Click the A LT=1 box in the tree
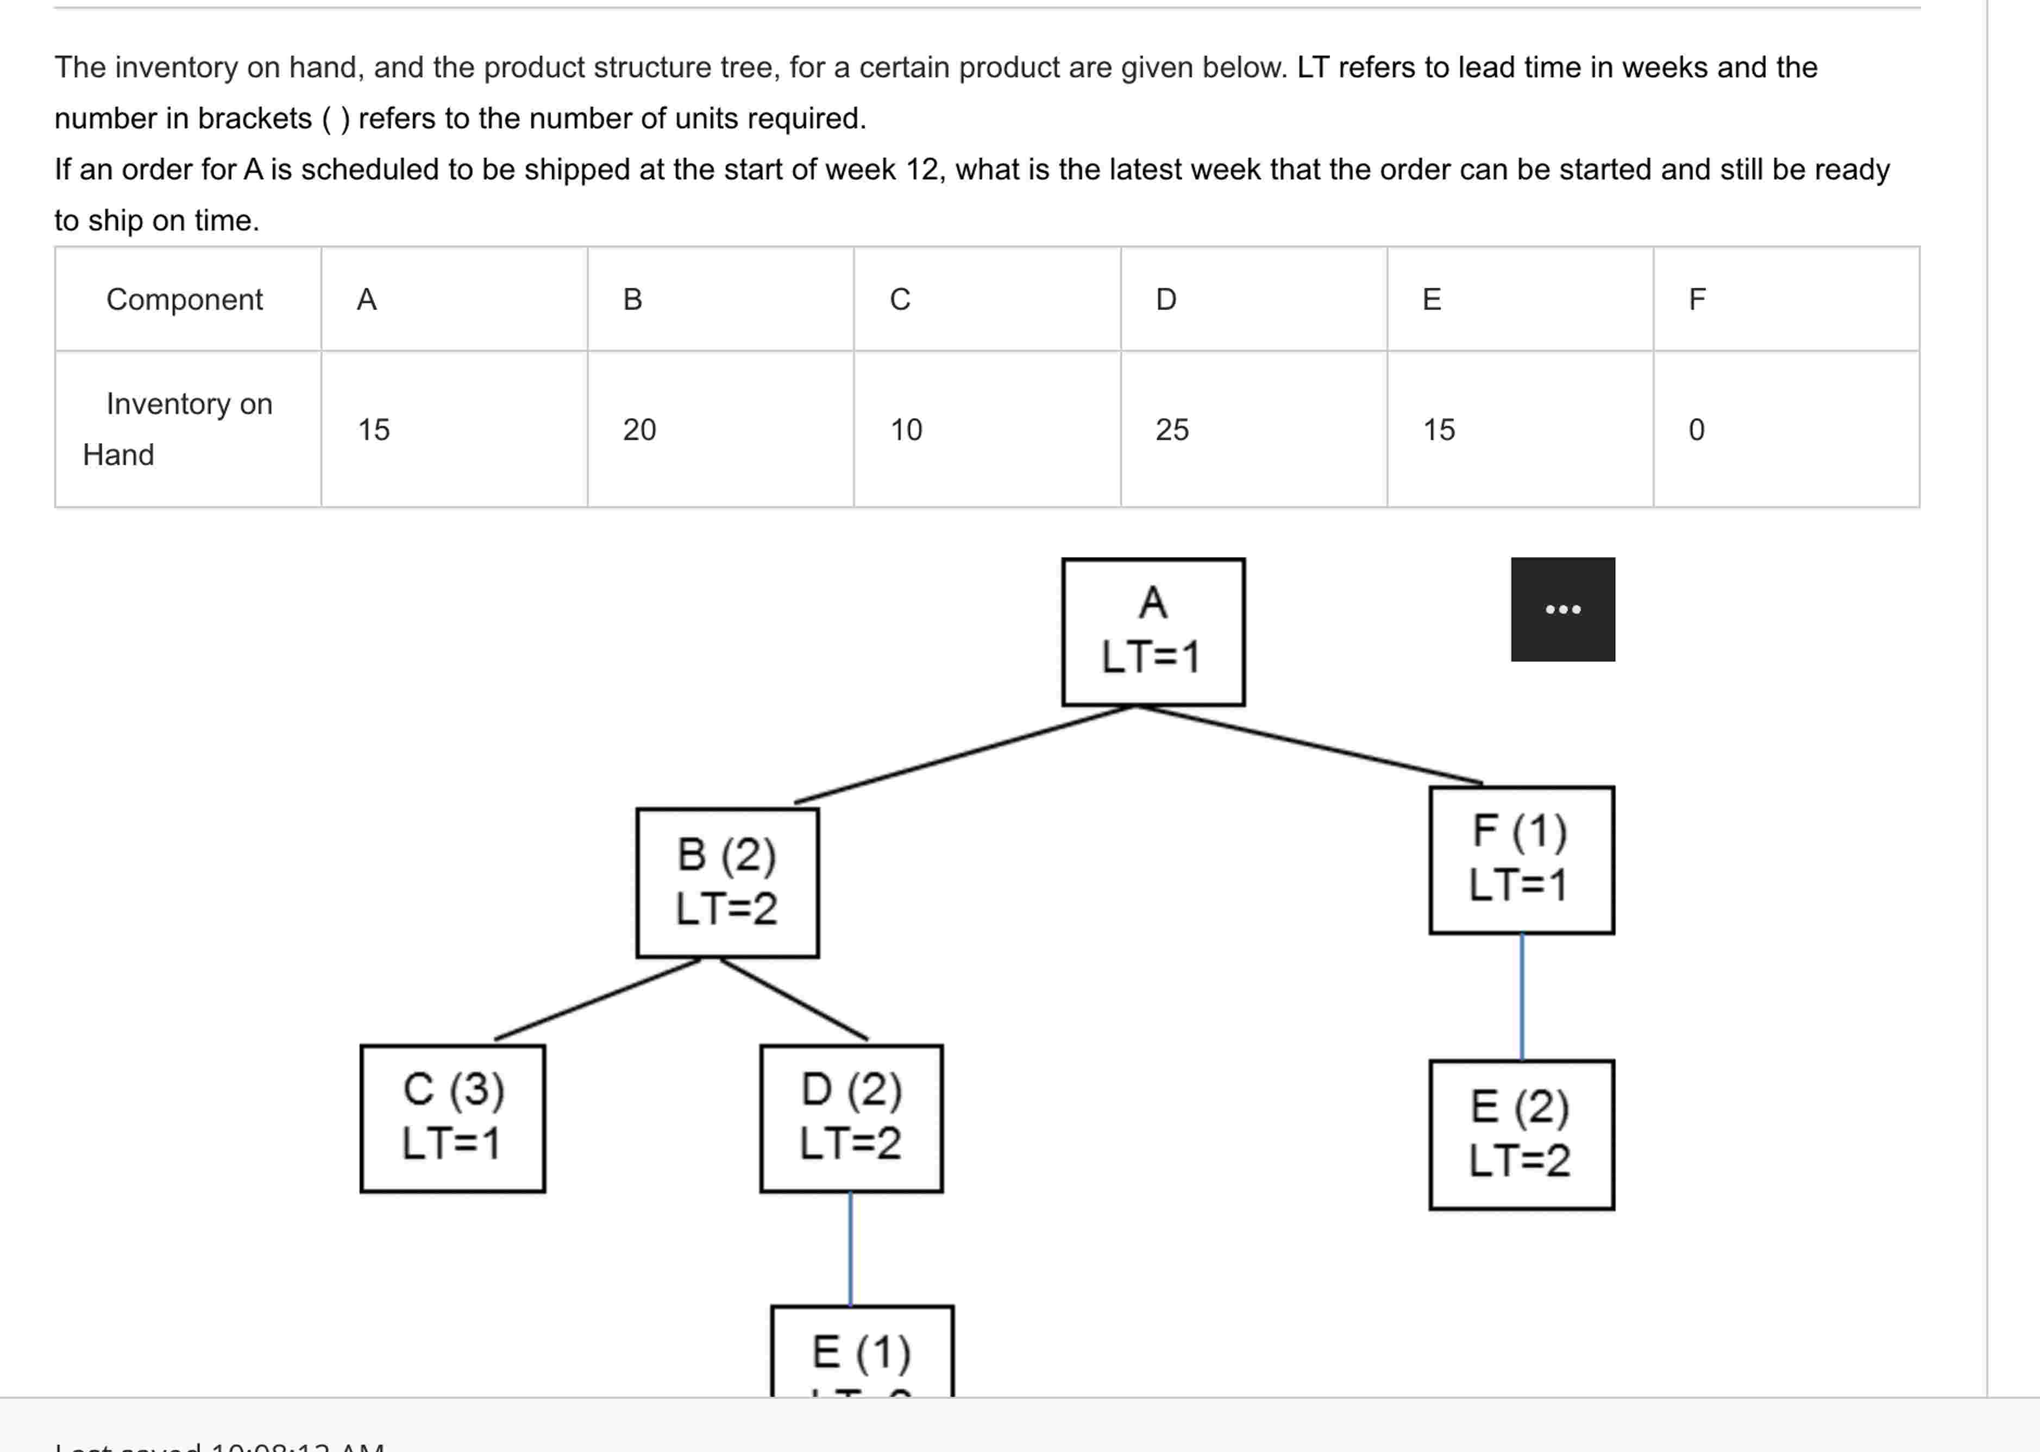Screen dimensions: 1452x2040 (x=1153, y=631)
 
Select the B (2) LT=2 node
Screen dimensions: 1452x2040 (x=727, y=882)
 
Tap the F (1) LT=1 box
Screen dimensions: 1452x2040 (x=1521, y=859)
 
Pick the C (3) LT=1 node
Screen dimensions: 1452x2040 (x=453, y=1118)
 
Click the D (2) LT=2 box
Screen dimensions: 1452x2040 (x=851, y=1118)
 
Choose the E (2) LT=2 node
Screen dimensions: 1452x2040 (x=1521, y=1134)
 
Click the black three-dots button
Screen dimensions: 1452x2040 (x=1562, y=609)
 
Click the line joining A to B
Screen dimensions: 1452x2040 (x=964, y=754)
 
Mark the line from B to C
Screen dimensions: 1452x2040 (x=598, y=999)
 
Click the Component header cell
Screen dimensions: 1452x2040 (x=184, y=300)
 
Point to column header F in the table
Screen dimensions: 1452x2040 (x=1697, y=300)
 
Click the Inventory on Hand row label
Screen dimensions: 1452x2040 (x=179, y=429)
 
